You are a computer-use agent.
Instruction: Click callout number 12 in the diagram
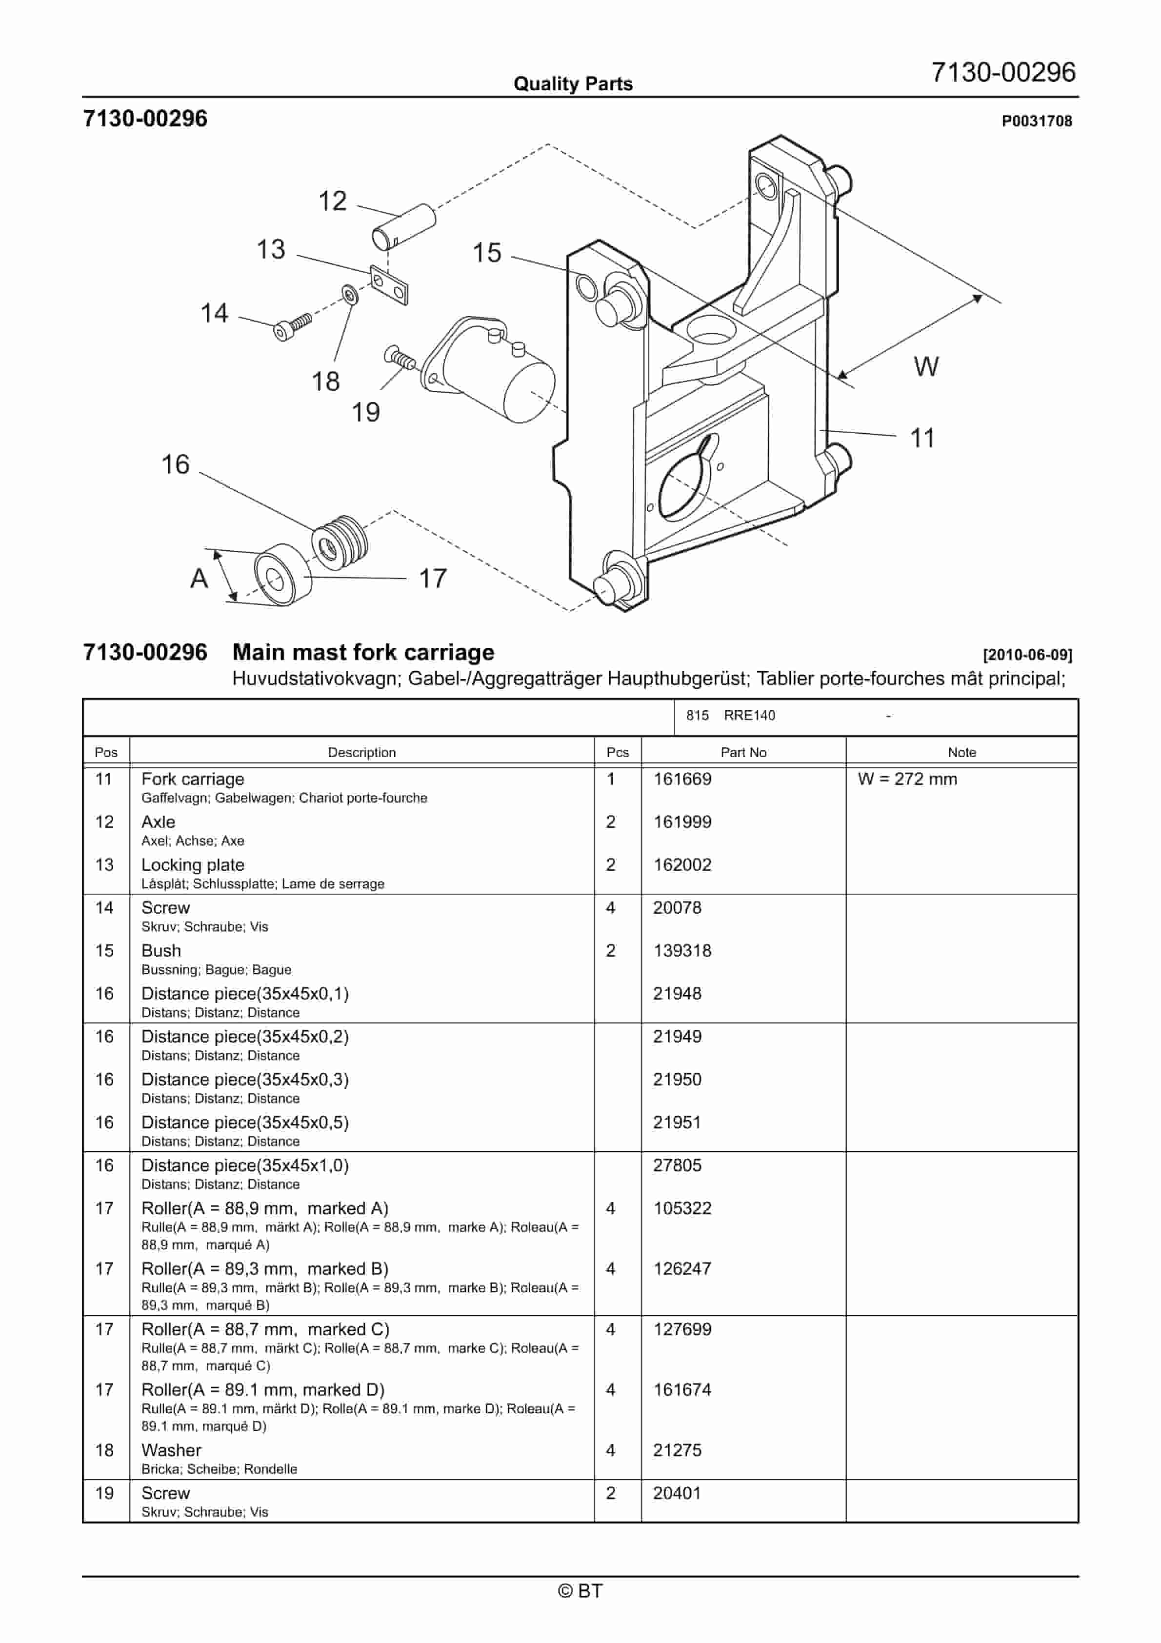point(333,201)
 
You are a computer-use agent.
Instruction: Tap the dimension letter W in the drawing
point(925,366)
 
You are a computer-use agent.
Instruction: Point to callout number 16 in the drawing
point(175,464)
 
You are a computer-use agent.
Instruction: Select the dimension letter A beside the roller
point(199,578)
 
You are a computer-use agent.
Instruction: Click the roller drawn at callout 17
point(283,575)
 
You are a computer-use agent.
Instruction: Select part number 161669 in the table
point(682,779)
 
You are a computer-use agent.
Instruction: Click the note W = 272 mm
point(907,779)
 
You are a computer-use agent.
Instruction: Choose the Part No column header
point(743,752)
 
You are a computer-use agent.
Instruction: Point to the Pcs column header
point(617,752)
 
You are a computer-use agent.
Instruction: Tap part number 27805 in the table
point(677,1165)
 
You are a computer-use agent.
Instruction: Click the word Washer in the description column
point(171,1450)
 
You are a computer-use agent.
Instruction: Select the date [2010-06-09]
point(1027,654)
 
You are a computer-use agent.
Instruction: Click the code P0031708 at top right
point(1037,121)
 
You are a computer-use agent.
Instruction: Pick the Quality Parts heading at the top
point(573,84)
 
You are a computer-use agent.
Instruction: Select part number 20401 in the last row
point(677,1493)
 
